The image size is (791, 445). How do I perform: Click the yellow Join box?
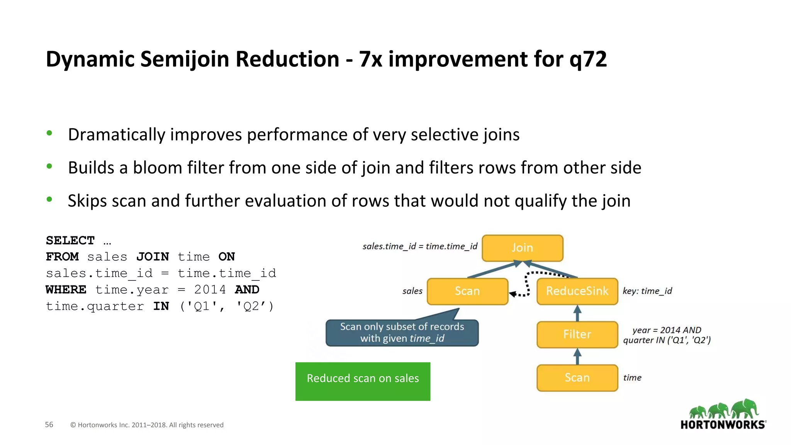pos(522,248)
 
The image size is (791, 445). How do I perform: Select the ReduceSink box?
pos(577,291)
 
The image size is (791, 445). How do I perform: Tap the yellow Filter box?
pos(577,335)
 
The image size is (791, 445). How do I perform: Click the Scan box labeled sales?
pos(467,291)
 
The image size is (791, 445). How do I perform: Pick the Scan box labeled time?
pos(577,378)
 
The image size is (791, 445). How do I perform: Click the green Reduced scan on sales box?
pos(363,381)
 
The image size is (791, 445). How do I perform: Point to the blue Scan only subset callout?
pos(402,333)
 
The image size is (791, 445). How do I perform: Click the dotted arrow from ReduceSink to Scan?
pos(527,284)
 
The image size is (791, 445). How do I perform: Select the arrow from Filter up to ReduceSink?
pos(577,313)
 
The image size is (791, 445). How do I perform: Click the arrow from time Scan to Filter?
pos(577,357)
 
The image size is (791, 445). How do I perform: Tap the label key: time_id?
pos(647,291)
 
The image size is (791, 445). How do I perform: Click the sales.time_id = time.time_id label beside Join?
pos(420,246)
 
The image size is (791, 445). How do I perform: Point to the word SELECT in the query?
pos(70,241)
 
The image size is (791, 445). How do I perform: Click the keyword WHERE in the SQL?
pos(66,290)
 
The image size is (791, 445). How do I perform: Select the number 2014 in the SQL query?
pos(210,290)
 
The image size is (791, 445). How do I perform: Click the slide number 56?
pos(49,425)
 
